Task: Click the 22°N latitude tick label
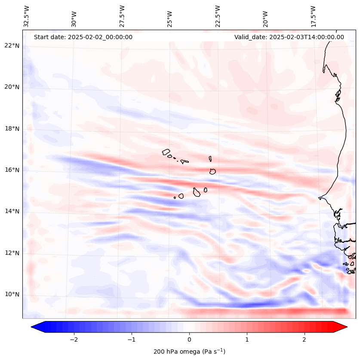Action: coord(12,46)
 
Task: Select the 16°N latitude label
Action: coord(12,170)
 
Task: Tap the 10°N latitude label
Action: coord(12,295)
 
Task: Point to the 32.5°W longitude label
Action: coord(27,16)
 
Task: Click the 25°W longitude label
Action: coord(170,16)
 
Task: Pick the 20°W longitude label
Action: coord(265,16)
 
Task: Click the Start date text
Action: coord(83,37)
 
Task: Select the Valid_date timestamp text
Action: coord(289,37)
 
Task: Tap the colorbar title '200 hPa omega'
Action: coord(189,352)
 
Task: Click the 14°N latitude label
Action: coord(12,211)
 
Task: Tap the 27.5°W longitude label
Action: coord(122,16)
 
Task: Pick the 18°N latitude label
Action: coord(12,129)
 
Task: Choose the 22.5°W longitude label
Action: coord(218,16)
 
